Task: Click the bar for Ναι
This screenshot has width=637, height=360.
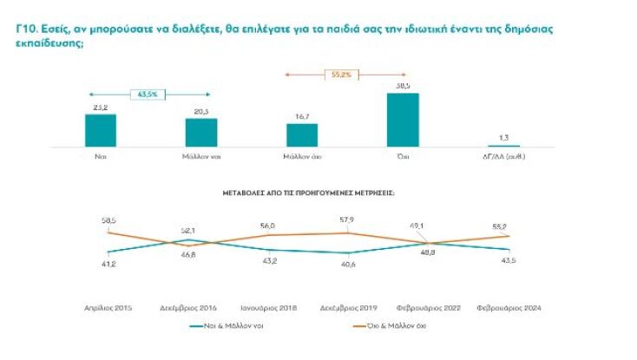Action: click(100, 130)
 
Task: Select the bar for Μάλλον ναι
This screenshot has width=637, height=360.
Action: click(201, 133)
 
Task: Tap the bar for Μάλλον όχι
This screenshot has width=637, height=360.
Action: click(302, 135)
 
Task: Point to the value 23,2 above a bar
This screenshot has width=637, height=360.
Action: click(100, 108)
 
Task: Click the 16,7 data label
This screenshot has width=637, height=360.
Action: click(302, 117)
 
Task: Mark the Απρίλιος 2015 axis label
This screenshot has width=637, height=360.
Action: click(108, 308)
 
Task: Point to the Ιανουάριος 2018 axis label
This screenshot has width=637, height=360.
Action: click(269, 308)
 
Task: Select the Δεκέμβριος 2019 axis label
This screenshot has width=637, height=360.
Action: click(350, 308)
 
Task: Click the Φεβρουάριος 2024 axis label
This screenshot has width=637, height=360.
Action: click(510, 308)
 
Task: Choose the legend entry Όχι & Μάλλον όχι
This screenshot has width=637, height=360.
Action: click(392, 326)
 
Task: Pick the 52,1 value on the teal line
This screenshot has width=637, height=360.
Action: click(188, 231)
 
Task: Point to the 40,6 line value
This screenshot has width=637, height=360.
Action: click(349, 264)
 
